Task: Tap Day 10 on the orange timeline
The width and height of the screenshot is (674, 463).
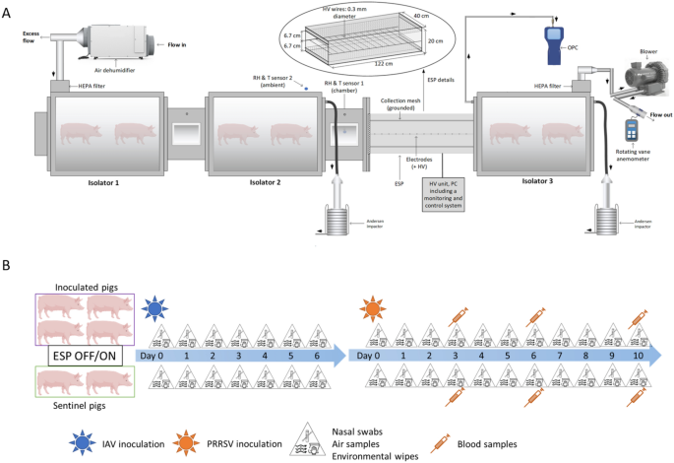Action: pyautogui.click(x=638, y=354)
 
